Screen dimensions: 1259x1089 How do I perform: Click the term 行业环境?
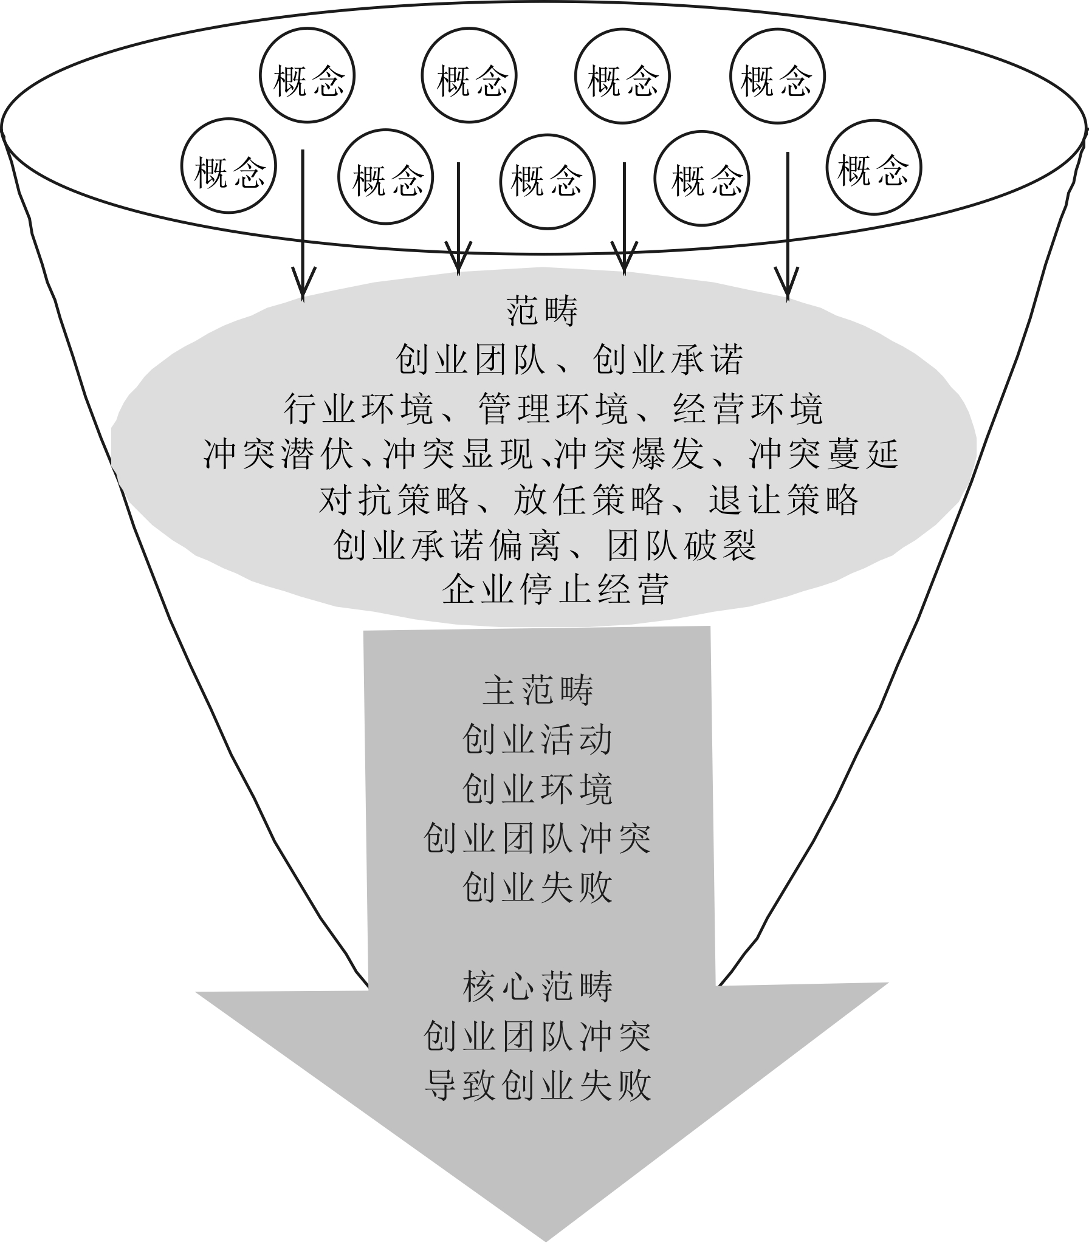(x=359, y=408)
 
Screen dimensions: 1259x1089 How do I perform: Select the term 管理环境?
(x=553, y=408)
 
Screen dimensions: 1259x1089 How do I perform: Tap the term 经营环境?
(x=748, y=408)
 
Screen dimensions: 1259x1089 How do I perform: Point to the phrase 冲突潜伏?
(x=279, y=454)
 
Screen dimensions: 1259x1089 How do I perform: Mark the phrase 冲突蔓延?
(x=823, y=454)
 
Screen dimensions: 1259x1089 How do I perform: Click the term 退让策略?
(x=784, y=500)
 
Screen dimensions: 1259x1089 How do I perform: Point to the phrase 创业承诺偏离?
(x=447, y=545)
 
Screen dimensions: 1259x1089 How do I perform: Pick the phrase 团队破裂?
(x=682, y=545)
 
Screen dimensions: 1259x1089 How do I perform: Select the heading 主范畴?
(x=538, y=691)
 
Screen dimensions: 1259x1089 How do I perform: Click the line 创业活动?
(x=538, y=740)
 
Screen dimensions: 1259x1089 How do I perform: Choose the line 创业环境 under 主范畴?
(x=538, y=789)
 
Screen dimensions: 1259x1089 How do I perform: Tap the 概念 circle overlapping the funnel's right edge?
(x=874, y=168)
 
